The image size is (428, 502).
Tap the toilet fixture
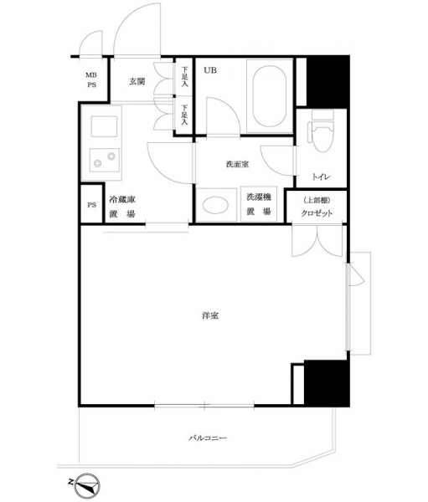pyautogui.click(x=322, y=131)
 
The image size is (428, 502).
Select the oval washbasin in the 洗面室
pyautogui.click(x=216, y=205)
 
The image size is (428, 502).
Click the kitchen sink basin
pyautogui.click(x=104, y=127)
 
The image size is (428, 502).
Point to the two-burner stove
pyautogui.click(x=105, y=160)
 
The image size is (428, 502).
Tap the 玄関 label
pyautogui.click(x=137, y=82)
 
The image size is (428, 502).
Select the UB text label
pyautogui.click(x=210, y=70)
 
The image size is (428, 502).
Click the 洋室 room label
pyautogui.click(x=210, y=315)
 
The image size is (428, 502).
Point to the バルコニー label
pyautogui.click(x=208, y=438)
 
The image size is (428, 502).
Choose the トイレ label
pyautogui.click(x=321, y=177)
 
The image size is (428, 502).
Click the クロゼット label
pyautogui.click(x=317, y=213)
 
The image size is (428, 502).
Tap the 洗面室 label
pyautogui.click(x=237, y=165)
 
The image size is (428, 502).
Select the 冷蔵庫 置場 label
pyautogui.click(x=122, y=207)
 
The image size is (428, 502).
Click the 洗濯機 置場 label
pyautogui.click(x=259, y=204)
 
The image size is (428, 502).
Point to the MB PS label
pyautogui.click(x=91, y=80)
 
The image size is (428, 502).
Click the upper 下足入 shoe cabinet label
pyautogui.click(x=184, y=77)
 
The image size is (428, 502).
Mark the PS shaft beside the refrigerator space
pyautogui.click(x=91, y=204)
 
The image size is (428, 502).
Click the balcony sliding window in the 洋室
pyautogui.click(x=204, y=406)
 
